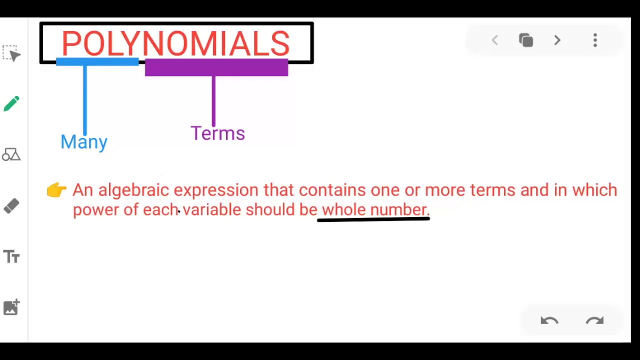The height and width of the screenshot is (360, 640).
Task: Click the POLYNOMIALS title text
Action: (x=175, y=43)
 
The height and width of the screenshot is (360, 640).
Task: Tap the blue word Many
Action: (x=84, y=142)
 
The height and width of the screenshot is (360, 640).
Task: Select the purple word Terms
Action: (x=217, y=133)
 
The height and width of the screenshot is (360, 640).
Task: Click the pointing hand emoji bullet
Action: (x=56, y=190)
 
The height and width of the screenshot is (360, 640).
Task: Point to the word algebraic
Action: (x=133, y=190)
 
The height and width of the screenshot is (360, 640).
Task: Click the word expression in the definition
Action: (x=215, y=190)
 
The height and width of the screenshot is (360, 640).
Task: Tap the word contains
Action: (x=332, y=190)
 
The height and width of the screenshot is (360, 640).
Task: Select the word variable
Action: (x=211, y=209)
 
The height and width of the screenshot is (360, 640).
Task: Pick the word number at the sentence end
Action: (x=398, y=209)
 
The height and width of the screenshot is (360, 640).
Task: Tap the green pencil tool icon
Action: (x=11, y=104)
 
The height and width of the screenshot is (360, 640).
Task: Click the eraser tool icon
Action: (x=11, y=205)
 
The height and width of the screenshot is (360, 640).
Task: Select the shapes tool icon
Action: (x=11, y=154)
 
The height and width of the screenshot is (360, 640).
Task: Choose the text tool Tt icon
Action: (x=11, y=256)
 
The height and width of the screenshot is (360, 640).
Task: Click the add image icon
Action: (x=11, y=307)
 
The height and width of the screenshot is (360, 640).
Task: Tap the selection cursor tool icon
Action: (x=11, y=53)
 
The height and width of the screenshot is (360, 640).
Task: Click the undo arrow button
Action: (x=549, y=320)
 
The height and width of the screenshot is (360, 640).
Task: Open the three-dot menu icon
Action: (x=595, y=40)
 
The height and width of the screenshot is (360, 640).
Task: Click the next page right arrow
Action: (x=557, y=40)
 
